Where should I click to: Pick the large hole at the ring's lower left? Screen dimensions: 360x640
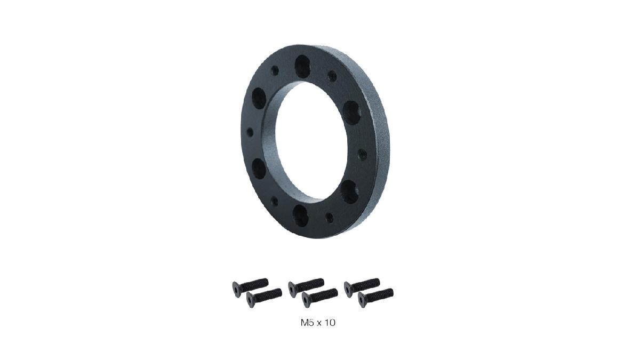(259, 168)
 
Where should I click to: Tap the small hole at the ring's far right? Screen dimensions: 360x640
(362, 154)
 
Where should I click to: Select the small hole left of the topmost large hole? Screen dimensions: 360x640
(275, 69)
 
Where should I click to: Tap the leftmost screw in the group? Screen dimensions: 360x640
(250, 285)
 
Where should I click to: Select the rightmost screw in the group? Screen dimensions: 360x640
(375, 295)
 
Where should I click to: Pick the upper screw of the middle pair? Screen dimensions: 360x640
(306, 285)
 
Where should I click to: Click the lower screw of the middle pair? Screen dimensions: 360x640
(319, 295)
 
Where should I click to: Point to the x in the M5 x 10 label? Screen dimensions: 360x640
(319, 323)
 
